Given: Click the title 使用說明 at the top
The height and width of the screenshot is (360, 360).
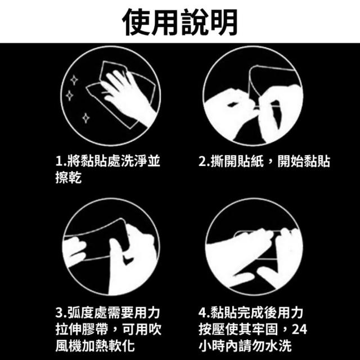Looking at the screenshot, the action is pyautogui.click(x=180, y=22).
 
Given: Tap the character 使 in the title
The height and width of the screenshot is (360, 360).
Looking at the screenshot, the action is pyautogui.click(x=136, y=22).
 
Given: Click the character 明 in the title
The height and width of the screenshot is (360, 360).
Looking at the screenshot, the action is pyautogui.click(x=224, y=22).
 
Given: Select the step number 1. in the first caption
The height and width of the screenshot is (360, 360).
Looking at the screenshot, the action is pyautogui.click(x=61, y=161).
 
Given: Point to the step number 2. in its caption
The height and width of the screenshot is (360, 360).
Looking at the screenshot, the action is pyautogui.click(x=204, y=161).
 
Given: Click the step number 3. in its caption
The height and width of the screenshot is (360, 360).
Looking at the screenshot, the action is pyautogui.click(x=61, y=313).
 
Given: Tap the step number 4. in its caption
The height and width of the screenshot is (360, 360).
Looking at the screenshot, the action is pyautogui.click(x=204, y=313).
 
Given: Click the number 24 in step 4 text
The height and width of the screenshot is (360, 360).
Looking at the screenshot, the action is pyautogui.click(x=299, y=329).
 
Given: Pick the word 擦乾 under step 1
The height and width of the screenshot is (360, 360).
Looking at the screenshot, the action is pyautogui.click(x=69, y=177).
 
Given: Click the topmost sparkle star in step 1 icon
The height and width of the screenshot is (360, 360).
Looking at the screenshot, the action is pyautogui.click(x=74, y=80).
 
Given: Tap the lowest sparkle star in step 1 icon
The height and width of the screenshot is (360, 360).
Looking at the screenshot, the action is pyautogui.click(x=86, y=118).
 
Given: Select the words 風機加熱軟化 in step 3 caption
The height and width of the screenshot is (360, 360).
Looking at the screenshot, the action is pyautogui.click(x=95, y=346).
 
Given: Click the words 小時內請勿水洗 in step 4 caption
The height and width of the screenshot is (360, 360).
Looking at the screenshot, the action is pyautogui.click(x=245, y=346).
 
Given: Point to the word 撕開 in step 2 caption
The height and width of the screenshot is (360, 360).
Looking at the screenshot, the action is pyautogui.click(x=224, y=161).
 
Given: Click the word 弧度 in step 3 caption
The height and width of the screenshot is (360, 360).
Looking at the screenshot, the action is pyautogui.click(x=80, y=313).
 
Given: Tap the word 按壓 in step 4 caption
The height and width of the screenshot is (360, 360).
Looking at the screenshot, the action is pyautogui.click(x=211, y=329).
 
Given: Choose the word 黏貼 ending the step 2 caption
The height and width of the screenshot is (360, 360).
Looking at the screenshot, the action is pyautogui.click(x=317, y=161).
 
